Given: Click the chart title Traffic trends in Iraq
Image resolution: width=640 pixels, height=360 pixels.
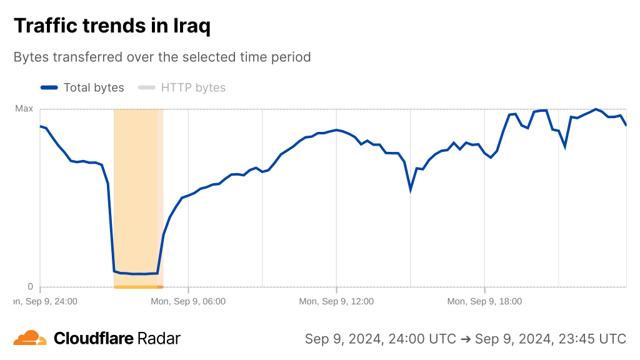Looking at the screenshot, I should tap(112, 26).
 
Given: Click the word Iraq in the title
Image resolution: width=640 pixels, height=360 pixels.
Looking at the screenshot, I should tap(191, 26).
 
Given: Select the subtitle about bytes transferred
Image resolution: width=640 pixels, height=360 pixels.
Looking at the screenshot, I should tap(162, 57).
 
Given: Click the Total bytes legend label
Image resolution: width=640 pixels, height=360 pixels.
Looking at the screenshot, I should tap(94, 87).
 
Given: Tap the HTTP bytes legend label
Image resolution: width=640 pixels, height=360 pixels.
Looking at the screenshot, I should tap(193, 87).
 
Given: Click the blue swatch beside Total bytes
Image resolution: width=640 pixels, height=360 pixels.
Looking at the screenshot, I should tap(49, 87).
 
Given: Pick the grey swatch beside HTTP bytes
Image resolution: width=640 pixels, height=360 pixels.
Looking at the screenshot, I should tap(146, 87).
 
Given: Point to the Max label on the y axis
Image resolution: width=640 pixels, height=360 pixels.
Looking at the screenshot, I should tap(24, 109).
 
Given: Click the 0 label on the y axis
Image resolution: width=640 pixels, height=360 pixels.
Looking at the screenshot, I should tap(29, 287).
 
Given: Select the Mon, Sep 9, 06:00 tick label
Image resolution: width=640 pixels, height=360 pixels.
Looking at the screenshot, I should tap(188, 301).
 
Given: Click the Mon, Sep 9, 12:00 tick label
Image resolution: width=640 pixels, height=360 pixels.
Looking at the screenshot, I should tap(336, 301).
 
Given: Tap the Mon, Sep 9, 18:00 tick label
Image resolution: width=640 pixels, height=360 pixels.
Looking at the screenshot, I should tap(484, 301).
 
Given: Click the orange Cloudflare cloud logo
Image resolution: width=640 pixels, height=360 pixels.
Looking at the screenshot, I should tap(30, 338).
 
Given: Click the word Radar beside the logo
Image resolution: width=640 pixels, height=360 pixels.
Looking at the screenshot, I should tap(159, 339).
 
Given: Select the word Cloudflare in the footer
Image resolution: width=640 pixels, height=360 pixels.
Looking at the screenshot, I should tap(94, 339).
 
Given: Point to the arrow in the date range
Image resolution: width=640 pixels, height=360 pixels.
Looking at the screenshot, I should tap(465, 339).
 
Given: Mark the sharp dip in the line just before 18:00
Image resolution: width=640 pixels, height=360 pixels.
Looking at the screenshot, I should tap(411, 189).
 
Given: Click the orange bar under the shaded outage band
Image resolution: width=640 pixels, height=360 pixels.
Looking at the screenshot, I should tap(138, 287).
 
